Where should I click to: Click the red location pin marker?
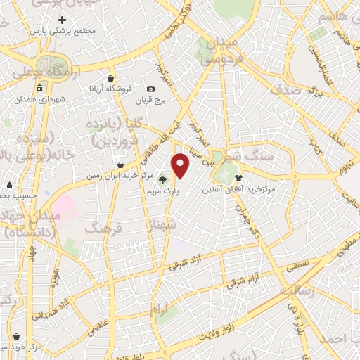pos(181,165)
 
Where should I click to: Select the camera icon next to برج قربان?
pos(151,89)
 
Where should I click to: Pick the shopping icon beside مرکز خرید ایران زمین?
pos(121,165)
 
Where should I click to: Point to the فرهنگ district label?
pos(103,228)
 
